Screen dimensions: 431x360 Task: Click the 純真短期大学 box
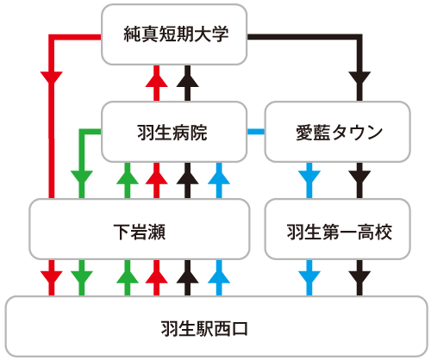point(174,34)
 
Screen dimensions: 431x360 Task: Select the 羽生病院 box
point(174,132)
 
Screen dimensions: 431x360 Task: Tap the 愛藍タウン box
point(337,132)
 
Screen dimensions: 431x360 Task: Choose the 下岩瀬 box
point(140,229)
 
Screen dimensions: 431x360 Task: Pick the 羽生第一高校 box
point(337,229)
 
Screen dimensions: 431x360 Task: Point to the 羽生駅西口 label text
point(204,329)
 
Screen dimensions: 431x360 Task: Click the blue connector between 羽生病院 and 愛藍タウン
point(256,132)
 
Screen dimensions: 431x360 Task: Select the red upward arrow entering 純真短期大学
point(156,84)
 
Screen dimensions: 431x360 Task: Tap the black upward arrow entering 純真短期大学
point(187,84)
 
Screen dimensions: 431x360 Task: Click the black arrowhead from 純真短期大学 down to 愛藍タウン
point(359,78)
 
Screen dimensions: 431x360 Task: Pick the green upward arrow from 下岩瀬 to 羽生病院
point(128,180)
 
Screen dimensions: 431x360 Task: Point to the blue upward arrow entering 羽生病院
point(219,180)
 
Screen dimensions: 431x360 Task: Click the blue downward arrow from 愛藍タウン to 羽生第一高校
point(309,180)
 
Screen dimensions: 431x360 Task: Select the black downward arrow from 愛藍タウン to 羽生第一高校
point(359,180)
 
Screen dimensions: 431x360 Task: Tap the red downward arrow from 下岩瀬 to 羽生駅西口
point(52,278)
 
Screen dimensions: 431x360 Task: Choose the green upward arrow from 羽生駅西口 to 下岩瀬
point(128,278)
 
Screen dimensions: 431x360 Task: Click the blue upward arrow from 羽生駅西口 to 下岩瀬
point(219,278)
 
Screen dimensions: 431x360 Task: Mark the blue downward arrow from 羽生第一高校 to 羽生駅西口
point(309,278)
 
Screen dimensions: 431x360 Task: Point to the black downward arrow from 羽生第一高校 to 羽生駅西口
point(359,278)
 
